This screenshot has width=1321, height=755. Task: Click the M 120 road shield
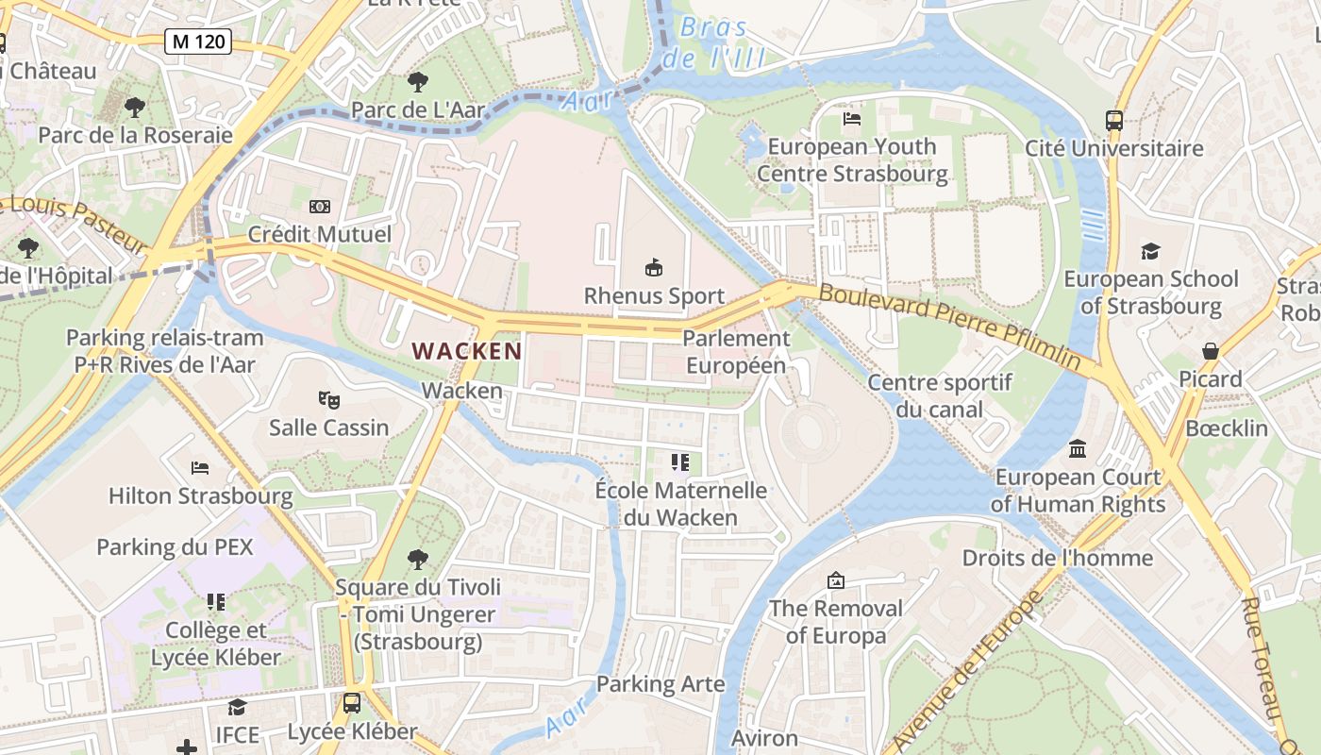point(197,41)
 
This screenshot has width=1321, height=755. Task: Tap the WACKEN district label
point(467,351)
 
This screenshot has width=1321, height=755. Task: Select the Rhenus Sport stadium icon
point(653,268)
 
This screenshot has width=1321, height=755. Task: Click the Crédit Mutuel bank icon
point(319,206)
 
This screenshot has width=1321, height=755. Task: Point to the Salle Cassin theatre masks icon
point(328,399)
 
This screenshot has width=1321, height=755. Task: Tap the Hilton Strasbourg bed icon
point(199,467)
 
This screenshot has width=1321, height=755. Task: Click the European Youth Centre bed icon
point(852,119)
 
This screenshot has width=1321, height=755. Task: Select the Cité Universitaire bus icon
point(1114,120)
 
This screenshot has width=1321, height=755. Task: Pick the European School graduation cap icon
point(1150,251)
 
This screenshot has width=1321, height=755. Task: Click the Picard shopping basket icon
point(1211,351)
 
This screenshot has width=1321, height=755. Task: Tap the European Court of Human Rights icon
point(1078,449)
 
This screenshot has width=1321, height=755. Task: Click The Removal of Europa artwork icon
point(835,579)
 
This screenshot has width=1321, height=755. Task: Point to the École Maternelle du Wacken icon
point(680,462)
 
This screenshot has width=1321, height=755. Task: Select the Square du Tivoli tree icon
point(417,559)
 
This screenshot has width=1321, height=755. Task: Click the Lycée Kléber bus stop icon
point(351,703)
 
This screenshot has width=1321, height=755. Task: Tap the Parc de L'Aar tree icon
point(417,82)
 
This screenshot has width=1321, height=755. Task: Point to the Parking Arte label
point(660,684)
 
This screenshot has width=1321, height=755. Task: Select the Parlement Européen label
point(736,351)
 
